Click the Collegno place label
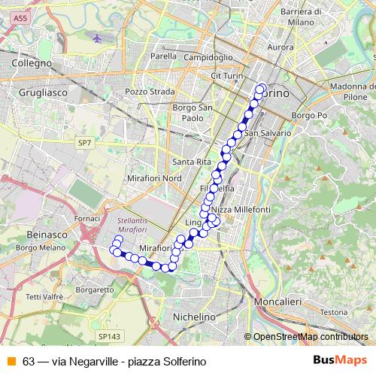(x=31, y=64)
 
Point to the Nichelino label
(x=194, y=317)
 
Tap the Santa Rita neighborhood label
(x=192, y=162)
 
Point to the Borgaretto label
(x=95, y=289)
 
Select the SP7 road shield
(x=84, y=141)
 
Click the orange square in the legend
(x=11, y=361)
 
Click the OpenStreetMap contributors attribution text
(x=311, y=337)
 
